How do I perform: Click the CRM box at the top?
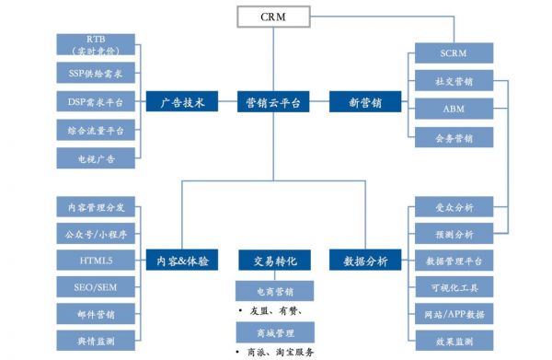[273, 17]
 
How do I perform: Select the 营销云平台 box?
[273, 103]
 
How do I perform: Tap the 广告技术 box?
[182, 103]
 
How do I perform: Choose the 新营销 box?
[364, 103]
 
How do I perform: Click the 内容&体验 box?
[182, 261]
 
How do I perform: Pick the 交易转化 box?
[273, 261]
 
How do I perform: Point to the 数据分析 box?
[364, 261]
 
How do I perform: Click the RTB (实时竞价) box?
[96, 45]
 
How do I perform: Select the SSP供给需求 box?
[96, 73]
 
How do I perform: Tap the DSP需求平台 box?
[96, 101]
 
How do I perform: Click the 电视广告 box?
[96, 158]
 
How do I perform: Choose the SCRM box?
[454, 52]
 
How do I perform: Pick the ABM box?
[454, 110]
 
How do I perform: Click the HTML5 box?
[96, 260]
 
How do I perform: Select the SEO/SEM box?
[96, 287]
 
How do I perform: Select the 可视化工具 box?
[454, 288]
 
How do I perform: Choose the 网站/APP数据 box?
[454, 316]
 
